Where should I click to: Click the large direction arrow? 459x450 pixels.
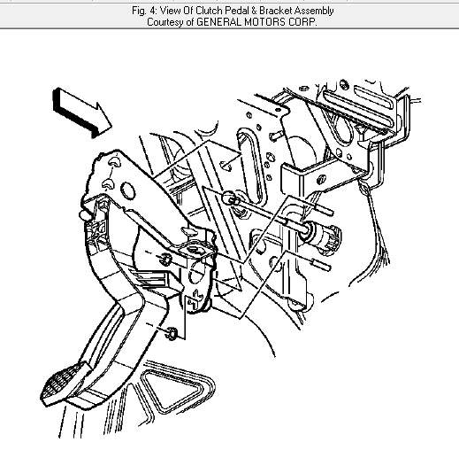[81, 113]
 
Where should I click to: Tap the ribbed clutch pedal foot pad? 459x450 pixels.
[64, 384]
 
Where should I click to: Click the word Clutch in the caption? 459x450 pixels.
[209, 11]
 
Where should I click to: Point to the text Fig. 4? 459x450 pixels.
[143, 12]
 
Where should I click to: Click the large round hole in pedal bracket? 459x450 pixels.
[128, 190]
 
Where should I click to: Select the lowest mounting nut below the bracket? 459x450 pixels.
[171, 333]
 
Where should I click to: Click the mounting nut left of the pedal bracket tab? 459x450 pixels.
[165, 259]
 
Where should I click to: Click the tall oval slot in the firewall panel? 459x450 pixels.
[252, 166]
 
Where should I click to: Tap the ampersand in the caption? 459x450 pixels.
[254, 11]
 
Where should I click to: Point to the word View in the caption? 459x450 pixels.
[169, 11]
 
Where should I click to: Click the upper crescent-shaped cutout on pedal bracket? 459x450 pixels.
[114, 161]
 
